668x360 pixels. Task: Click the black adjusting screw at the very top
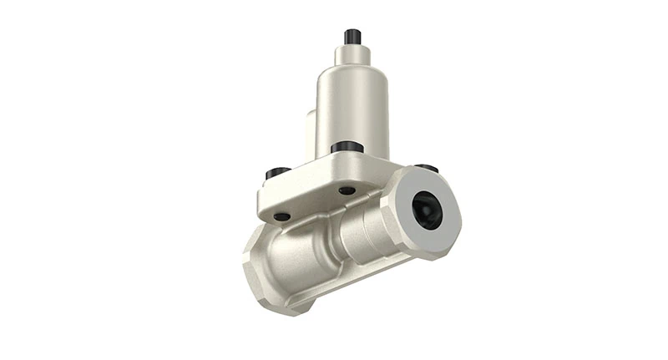click(352, 37)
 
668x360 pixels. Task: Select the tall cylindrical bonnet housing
click(352, 109)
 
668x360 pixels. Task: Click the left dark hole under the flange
click(281, 216)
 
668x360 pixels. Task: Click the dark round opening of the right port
click(427, 209)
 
